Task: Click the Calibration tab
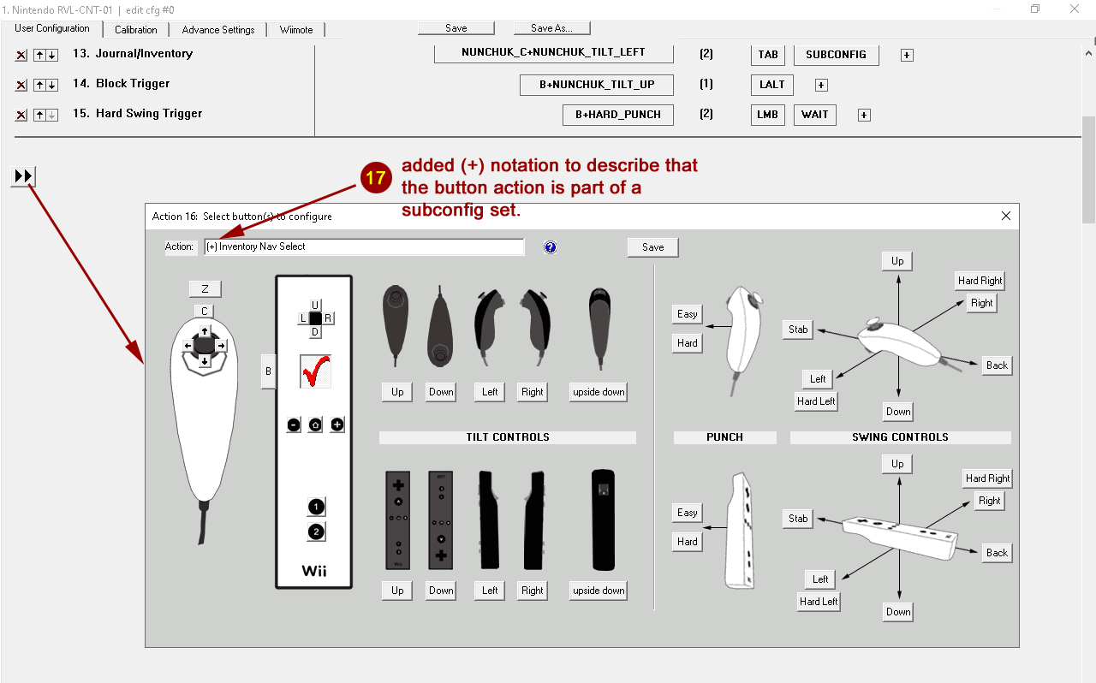(135, 30)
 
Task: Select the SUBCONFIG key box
(836, 55)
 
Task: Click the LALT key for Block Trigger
(771, 85)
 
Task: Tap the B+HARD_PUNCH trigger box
(617, 115)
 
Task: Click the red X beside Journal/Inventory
(21, 56)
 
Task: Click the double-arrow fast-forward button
(23, 175)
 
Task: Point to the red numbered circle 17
(376, 177)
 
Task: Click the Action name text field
(364, 246)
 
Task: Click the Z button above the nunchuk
(205, 289)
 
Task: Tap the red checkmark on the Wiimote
(316, 371)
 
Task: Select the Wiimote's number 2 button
(316, 532)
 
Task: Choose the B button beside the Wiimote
(268, 371)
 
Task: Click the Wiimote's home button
(315, 425)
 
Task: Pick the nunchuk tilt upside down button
(599, 392)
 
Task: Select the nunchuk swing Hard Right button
(980, 281)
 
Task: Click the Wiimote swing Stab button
(798, 519)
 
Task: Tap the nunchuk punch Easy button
(687, 314)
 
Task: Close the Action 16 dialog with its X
(1006, 216)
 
